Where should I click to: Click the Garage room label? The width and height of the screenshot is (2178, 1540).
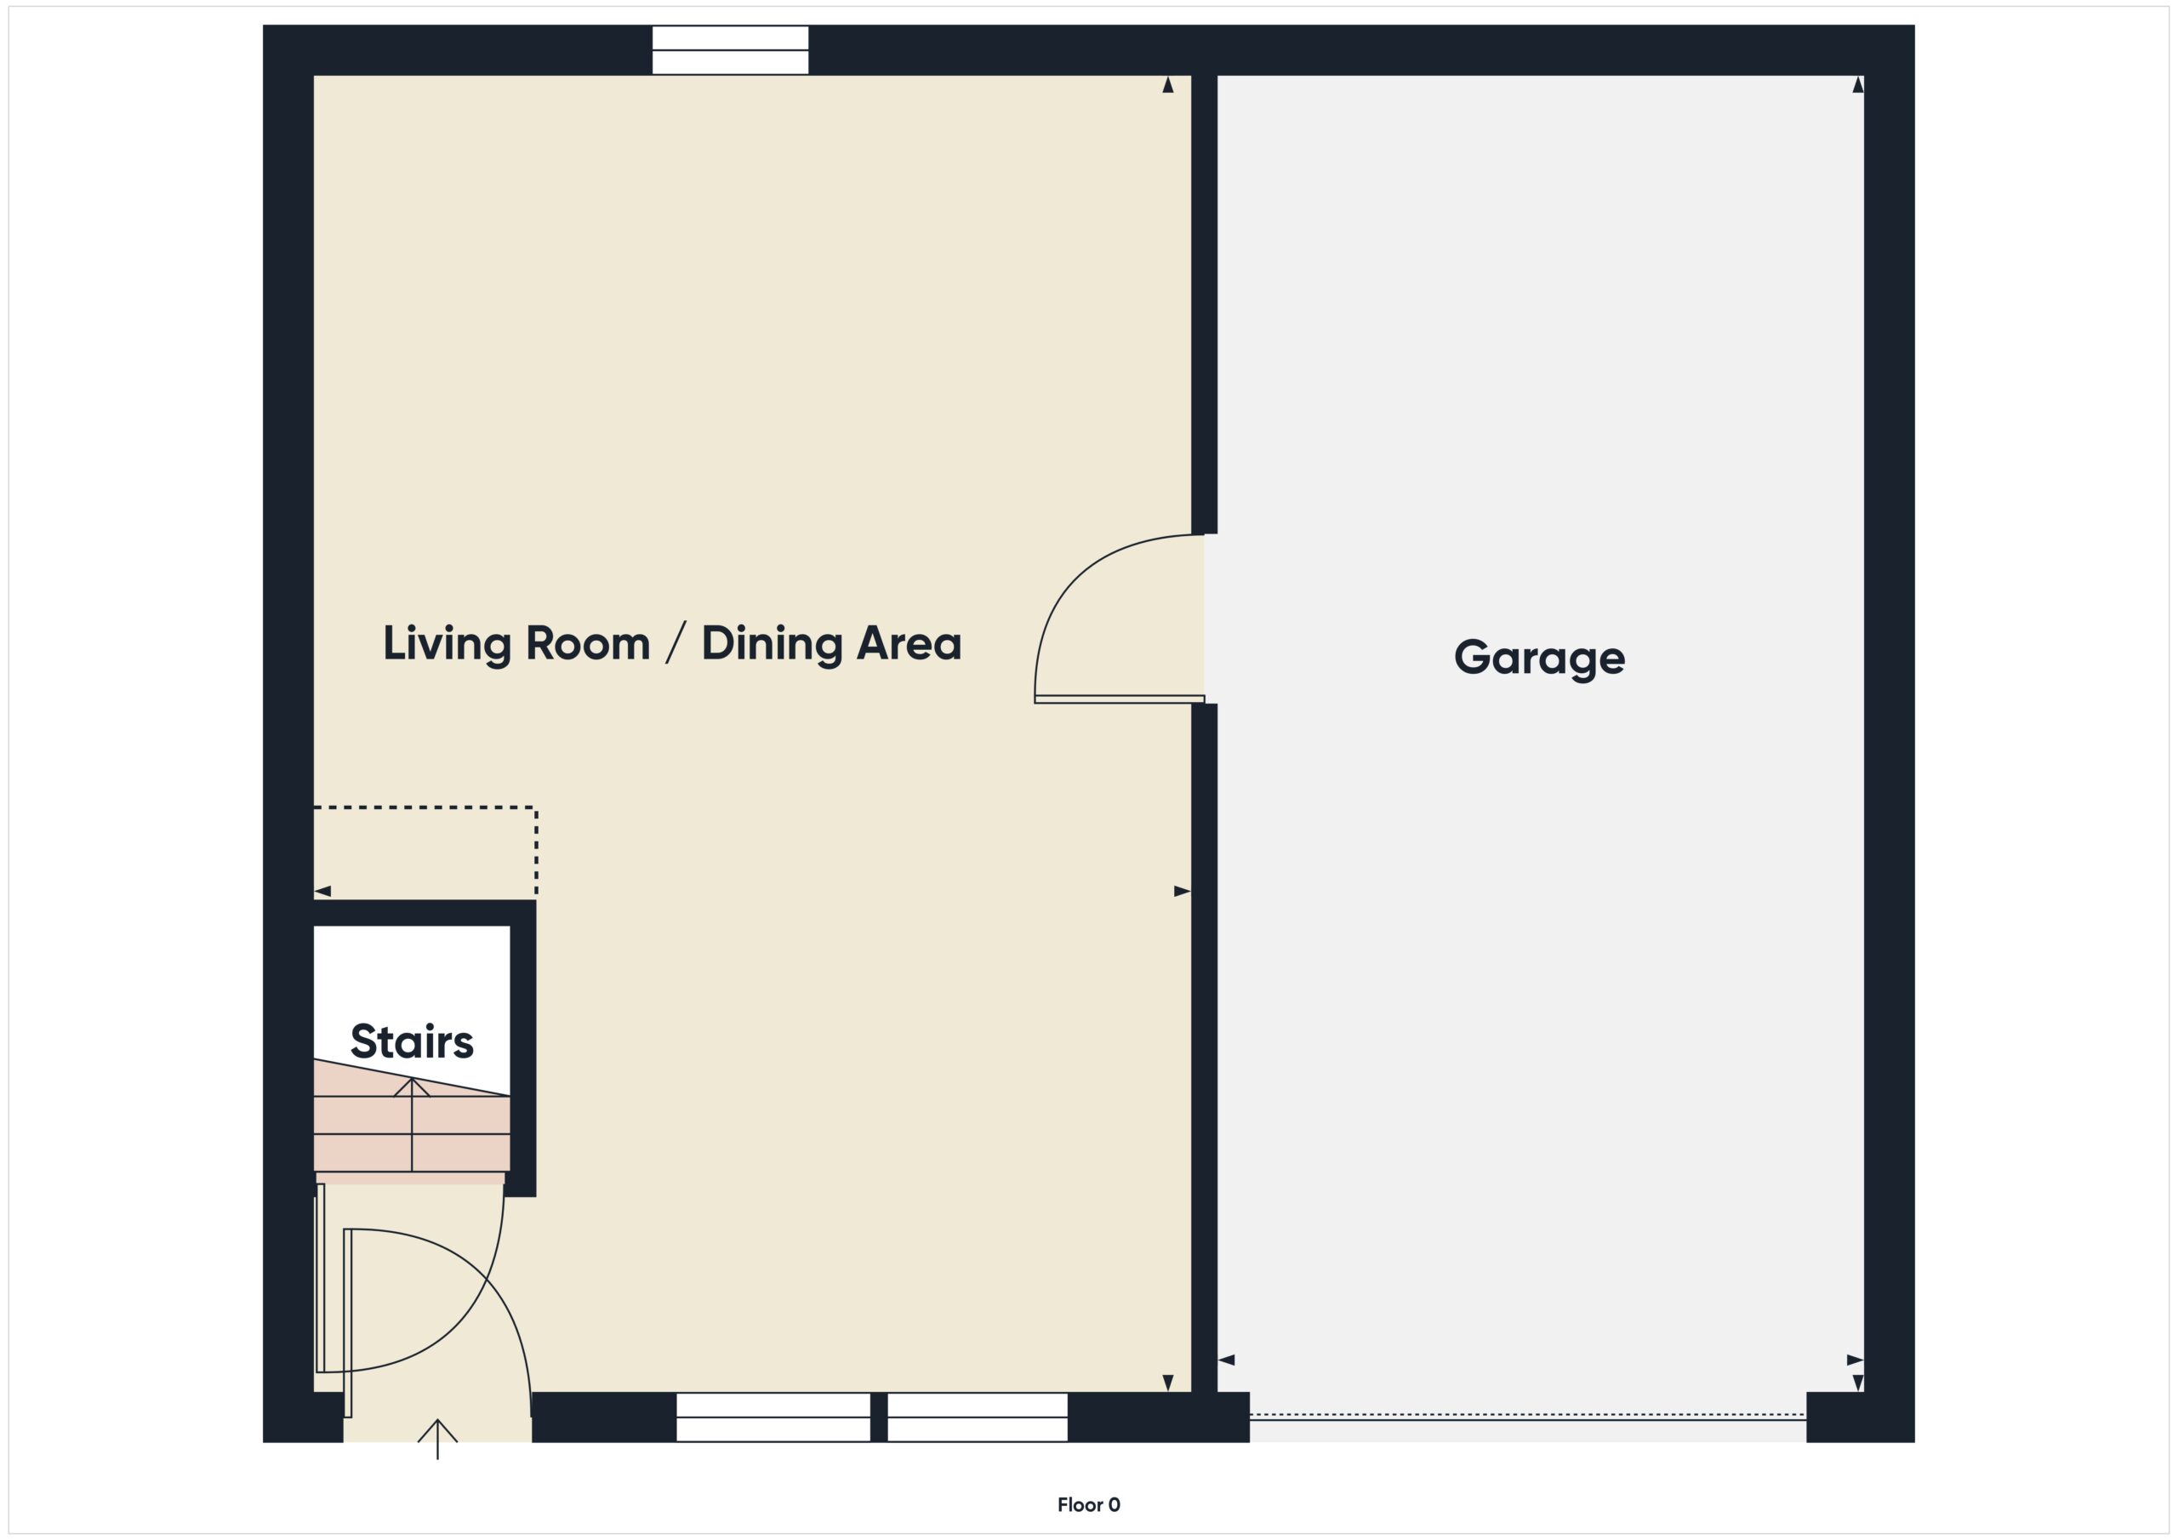point(1539,658)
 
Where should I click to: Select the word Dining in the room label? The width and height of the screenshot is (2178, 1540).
point(771,644)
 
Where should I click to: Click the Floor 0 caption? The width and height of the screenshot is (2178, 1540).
point(1088,1505)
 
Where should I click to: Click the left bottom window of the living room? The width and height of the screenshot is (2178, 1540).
point(773,1417)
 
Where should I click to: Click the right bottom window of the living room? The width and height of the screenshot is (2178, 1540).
point(977,1417)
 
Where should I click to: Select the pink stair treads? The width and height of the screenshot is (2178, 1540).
point(412,1134)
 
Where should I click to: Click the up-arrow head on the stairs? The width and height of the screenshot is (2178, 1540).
point(412,1087)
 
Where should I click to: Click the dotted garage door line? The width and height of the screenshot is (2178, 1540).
point(1527,1414)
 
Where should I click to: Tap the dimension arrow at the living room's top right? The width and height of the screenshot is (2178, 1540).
point(1168,85)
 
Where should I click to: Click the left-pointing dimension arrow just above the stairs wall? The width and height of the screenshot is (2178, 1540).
point(322,891)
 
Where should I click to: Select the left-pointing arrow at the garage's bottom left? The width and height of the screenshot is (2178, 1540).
point(1227,1360)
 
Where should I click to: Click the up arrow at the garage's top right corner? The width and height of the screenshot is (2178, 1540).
point(1857,85)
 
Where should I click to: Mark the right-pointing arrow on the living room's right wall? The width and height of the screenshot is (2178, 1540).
point(1182,891)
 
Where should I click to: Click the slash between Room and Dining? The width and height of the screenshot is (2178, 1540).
point(675,644)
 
